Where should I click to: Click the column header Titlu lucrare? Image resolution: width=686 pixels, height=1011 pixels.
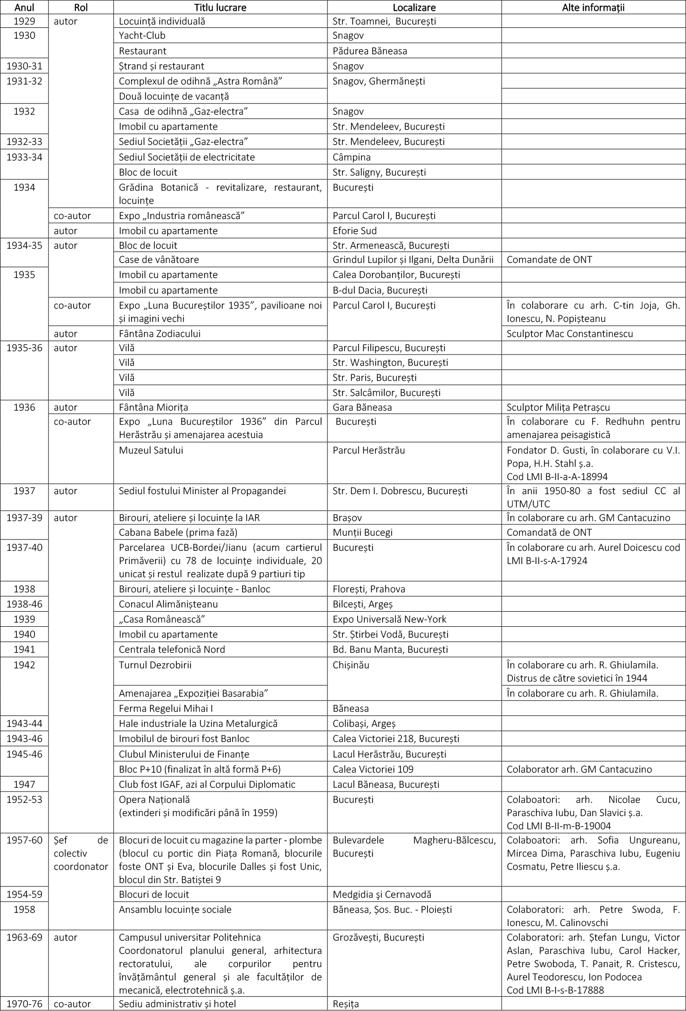coord(220,7)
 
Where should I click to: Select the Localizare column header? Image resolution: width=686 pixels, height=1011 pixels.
coord(414,7)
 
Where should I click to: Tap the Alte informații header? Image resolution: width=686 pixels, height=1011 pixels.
coord(593,7)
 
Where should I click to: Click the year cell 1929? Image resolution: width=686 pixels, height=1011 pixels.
coord(24,21)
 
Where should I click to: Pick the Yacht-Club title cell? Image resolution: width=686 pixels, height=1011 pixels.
coord(142,36)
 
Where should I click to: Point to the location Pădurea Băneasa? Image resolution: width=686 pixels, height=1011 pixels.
coord(369,51)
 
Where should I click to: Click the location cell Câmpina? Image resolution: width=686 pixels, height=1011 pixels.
coord(351,157)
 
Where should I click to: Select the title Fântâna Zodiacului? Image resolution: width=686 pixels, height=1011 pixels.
coord(159,334)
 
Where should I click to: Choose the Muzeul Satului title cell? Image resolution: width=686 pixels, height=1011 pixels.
coord(151,450)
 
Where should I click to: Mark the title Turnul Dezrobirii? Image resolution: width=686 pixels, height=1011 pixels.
coord(155,665)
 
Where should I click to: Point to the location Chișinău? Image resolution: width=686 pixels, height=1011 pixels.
coord(351,665)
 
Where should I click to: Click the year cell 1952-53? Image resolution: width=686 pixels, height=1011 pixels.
coord(24,800)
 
